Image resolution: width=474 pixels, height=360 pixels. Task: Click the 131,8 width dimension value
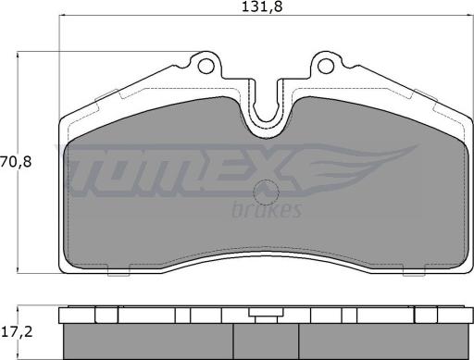[x=262, y=6]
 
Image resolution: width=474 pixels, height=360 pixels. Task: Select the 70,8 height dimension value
[x=16, y=162]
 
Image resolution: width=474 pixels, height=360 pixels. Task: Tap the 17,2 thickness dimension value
[x=17, y=332]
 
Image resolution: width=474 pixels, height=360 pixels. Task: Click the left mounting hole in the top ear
[x=206, y=66]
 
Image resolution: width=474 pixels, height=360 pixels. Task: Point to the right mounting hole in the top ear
[x=326, y=66]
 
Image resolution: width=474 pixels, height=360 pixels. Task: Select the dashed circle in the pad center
[x=266, y=192]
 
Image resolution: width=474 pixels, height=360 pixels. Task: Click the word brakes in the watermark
[x=266, y=210]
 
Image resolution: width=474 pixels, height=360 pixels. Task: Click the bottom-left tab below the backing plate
[x=118, y=269]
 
